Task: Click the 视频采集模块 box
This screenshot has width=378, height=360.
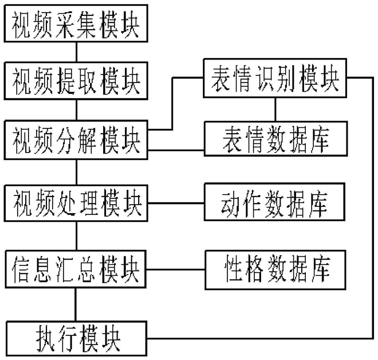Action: (76, 23)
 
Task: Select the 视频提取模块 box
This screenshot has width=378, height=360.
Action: (76, 81)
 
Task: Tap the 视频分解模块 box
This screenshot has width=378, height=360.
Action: (76, 140)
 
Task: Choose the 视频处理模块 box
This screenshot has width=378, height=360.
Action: (76, 203)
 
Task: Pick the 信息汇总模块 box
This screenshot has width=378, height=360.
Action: (76, 269)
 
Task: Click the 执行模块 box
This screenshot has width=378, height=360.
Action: (76, 338)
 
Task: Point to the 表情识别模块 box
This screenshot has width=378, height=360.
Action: (275, 78)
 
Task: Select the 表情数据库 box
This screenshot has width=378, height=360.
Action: (276, 139)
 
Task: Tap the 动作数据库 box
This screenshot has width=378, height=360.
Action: (274, 202)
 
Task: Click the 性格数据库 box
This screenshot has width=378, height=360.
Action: (275, 270)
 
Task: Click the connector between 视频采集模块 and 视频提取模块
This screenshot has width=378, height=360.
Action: (76, 52)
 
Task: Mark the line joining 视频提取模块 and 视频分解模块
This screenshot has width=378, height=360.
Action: (76, 110)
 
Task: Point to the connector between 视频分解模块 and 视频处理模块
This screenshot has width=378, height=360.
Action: (76, 173)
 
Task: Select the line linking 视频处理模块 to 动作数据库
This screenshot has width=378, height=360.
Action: (176, 203)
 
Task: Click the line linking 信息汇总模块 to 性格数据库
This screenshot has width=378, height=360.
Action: (175, 269)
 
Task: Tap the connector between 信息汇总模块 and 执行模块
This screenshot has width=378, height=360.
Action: (76, 304)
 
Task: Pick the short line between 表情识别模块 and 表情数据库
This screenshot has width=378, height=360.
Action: (275, 109)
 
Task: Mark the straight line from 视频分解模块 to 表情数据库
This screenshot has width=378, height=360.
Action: (176, 150)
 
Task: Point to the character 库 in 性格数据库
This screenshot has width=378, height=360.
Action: (321, 269)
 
